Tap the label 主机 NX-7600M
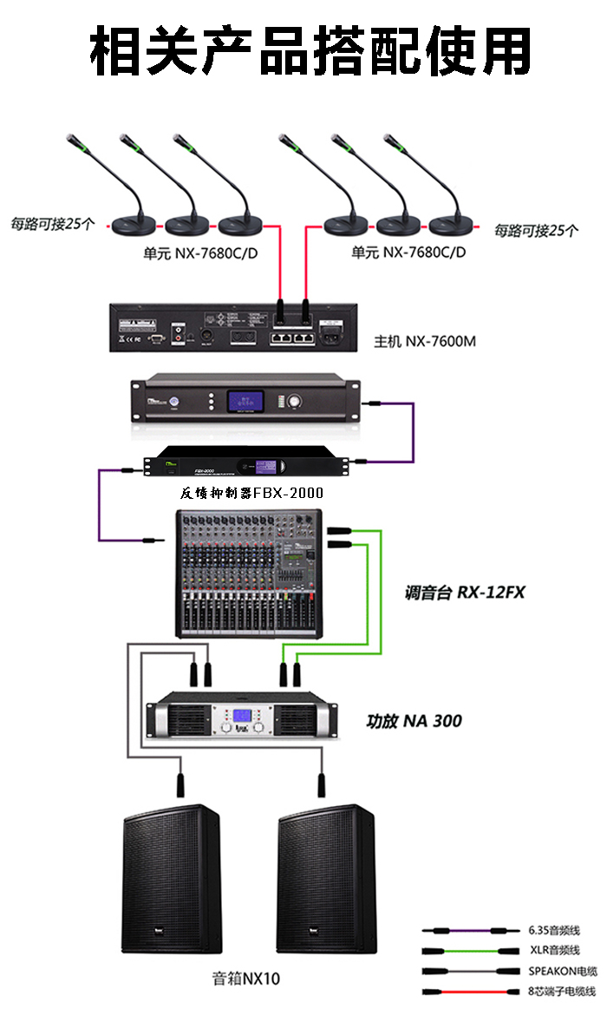pos(424,341)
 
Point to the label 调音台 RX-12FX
pos(465,593)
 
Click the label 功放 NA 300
pos(414,720)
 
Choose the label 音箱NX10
pos(246,979)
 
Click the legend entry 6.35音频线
pos(553,931)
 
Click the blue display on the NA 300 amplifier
pos(244,718)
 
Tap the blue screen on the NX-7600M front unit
pos(245,401)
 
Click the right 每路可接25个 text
pos(536,230)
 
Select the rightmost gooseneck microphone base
pos(452,226)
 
